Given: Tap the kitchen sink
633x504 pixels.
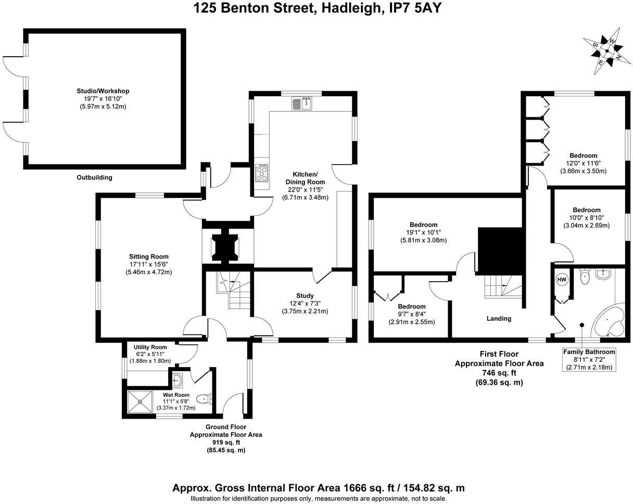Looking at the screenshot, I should pyautogui.click(x=302, y=104).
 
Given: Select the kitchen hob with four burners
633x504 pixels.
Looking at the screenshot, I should pyautogui.click(x=261, y=173).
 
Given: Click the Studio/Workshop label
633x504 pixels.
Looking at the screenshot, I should pyautogui.click(x=103, y=92).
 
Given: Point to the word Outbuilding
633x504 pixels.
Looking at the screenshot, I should pyautogui.click(x=94, y=178).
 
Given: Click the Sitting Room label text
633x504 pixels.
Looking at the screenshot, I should pyautogui.click(x=149, y=257).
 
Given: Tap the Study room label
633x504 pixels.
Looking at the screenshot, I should pyautogui.click(x=305, y=296).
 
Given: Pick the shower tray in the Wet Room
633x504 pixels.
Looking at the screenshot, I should pyautogui.click(x=140, y=401).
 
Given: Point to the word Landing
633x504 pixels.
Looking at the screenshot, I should pyautogui.click(x=499, y=319).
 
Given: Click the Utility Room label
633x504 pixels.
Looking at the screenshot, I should pyautogui.click(x=150, y=347).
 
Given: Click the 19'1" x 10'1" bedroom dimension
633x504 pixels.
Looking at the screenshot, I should pyautogui.click(x=423, y=233).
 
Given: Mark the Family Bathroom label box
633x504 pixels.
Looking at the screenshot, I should pyautogui.click(x=589, y=359).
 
